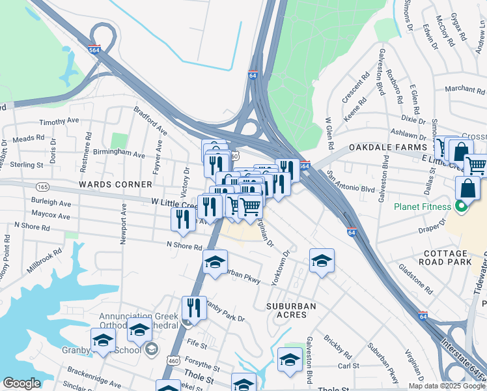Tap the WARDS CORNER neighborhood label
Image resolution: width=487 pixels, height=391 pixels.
tap(105, 184)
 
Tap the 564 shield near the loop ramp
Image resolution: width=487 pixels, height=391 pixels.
tap(95, 50)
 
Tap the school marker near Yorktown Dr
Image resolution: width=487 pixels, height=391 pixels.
tap(321, 261)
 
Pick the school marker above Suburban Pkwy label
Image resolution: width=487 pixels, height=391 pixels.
tap(216, 262)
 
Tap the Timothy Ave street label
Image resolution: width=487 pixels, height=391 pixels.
tap(59, 122)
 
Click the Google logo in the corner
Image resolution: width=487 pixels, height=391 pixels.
tap(21, 383)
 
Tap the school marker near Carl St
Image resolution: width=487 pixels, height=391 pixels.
tap(290, 358)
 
